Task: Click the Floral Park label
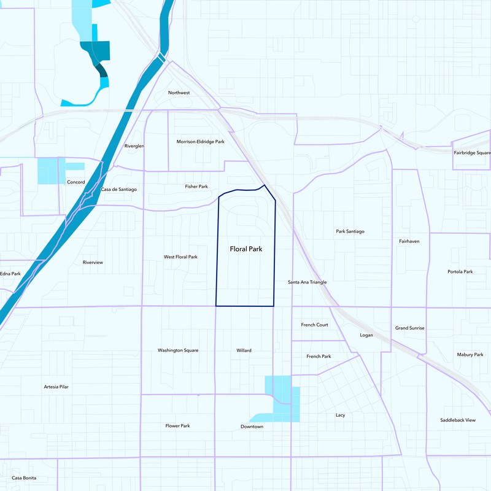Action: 246,249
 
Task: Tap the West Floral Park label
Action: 180,257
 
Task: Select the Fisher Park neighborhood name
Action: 196,187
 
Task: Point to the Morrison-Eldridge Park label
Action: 201,142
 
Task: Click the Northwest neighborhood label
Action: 179,93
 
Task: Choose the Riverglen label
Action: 134,147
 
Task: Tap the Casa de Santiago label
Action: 119,190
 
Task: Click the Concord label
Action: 75,182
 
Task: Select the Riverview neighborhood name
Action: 93,263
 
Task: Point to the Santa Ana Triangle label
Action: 307,282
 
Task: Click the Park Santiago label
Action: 350,231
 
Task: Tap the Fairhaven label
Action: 409,242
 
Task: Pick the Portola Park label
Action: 460,272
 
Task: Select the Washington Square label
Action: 178,350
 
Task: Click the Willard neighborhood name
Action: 244,350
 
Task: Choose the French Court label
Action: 314,325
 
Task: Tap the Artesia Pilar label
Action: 56,387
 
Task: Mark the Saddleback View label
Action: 458,420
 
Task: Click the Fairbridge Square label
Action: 472,152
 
